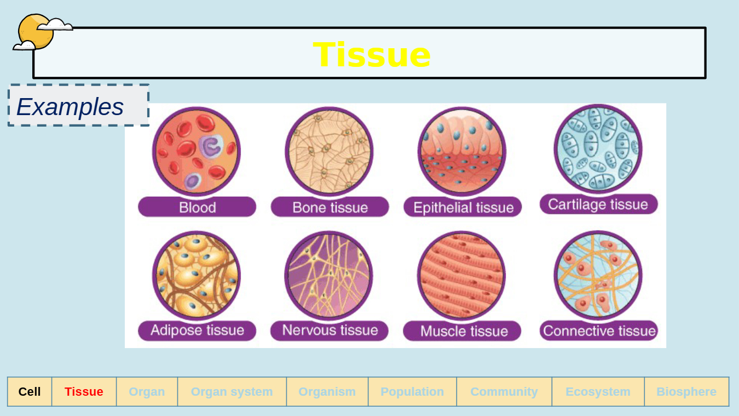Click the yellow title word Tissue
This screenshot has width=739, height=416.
tap(372, 54)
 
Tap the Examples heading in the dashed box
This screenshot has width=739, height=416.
tap(70, 107)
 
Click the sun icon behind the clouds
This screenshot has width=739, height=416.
tap(36, 32)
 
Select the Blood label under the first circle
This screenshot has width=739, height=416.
tap(197, 208)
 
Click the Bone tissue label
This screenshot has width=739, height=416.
tap(330, 208)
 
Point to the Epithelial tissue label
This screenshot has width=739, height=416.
tap(463, 208)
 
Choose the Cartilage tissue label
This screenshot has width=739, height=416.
tap(598, 204)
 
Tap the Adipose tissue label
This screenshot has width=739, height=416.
tap(197, 330)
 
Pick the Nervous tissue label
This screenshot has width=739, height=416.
tap(330, 330)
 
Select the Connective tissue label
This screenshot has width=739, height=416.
tap(599, 330)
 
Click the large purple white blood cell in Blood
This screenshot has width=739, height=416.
tap(211, 146)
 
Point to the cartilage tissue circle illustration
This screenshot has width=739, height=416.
tap(598, 149)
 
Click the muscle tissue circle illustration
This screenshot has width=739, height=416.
tap(461, 275)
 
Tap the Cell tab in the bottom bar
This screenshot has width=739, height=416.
tap(30, 391)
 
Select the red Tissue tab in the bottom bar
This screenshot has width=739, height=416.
tap(84, 391)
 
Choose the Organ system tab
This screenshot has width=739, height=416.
tap(232, 391)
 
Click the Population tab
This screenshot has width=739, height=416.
tap(412, 391)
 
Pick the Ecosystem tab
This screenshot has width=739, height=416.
tap(598, 391)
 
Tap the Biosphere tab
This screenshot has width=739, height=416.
tap(686, 391)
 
